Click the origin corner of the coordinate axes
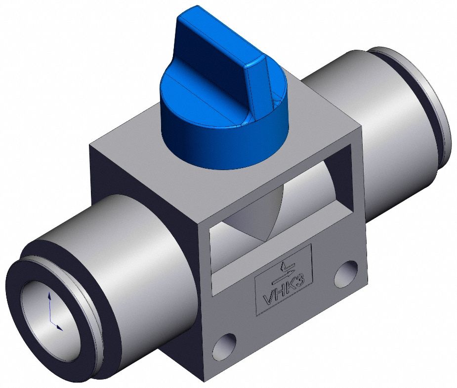[x=51, y=321]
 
